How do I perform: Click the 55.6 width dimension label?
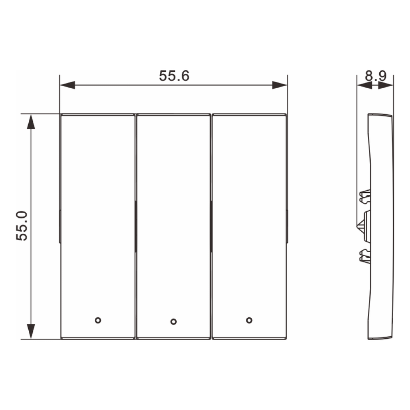pyautogui.click(x=174, y=76)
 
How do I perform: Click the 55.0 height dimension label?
pyautogui.click(x=22, y=226)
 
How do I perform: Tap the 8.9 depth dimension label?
pyautogui.click(x=376, y=76)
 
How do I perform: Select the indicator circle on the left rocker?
pyautogui.click(x=98, y=320)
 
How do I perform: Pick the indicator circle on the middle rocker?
pyautogui.click(x=173, y=321)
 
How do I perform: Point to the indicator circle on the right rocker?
pyautogui.click(x=249, y=320)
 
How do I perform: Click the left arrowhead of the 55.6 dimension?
pyautogui.click(x=68, y=85)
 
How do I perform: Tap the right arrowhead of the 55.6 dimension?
pyautogui.click(x=280, y=85)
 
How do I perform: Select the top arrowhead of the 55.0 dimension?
pyautogui.click(x=31, y=122)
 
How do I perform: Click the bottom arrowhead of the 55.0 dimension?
pyautogui.click(x=31, y=331)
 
